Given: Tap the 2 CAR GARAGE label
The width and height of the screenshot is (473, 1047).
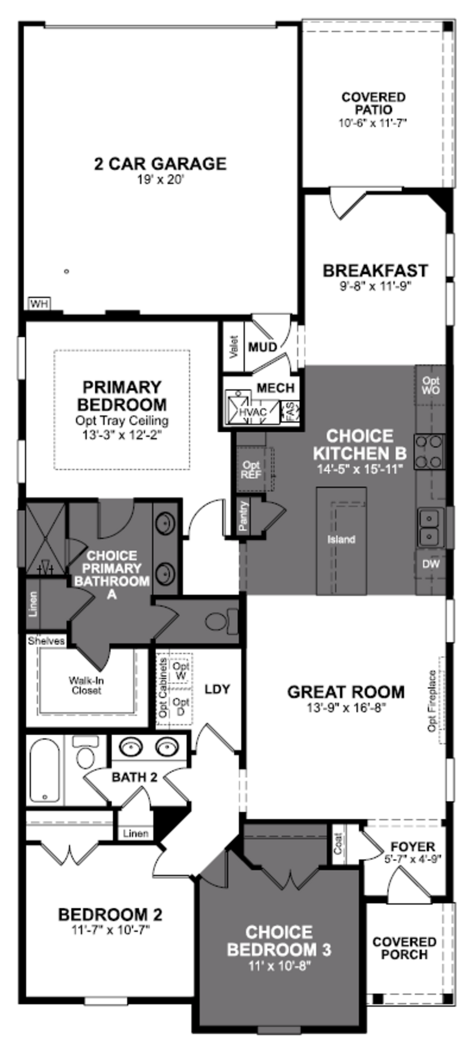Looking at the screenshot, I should [160, 164].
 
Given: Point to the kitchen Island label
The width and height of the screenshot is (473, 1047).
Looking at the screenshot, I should [341, 539].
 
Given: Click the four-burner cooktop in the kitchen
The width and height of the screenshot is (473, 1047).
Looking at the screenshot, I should [429, 451].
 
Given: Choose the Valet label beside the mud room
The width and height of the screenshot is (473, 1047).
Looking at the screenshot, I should [233, 347].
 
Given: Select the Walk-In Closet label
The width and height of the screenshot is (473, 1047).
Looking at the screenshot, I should [86, 685].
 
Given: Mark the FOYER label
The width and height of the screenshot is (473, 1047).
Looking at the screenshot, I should [413, 847].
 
